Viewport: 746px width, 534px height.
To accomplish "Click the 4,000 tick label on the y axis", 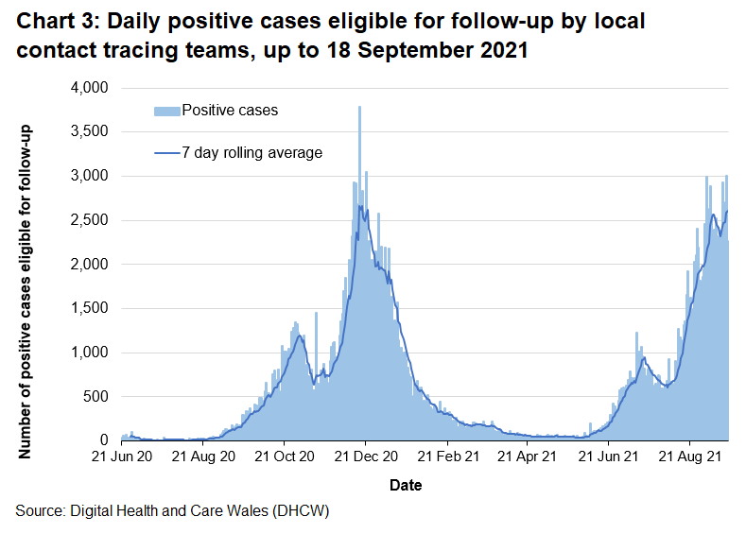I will [93, 88].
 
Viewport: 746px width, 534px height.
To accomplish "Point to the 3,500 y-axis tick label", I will [93, 132].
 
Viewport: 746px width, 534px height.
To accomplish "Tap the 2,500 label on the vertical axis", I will [93, 220].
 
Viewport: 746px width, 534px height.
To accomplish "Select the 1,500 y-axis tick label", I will [93, 308].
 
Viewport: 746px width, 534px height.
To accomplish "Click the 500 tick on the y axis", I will [98, 397].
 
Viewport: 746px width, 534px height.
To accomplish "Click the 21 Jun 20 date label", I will [123, 457].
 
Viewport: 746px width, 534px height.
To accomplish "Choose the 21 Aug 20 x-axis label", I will [203, 457].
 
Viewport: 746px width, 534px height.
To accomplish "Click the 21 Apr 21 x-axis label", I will [527, 457].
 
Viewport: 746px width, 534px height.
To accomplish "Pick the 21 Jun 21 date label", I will [608, 457].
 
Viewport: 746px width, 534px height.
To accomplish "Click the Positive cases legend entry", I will [230, 111].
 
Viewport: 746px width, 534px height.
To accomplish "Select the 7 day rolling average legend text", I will [252, 152].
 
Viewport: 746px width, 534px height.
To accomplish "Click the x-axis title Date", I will [405, 485].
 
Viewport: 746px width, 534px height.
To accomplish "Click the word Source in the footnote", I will [40, 511].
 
